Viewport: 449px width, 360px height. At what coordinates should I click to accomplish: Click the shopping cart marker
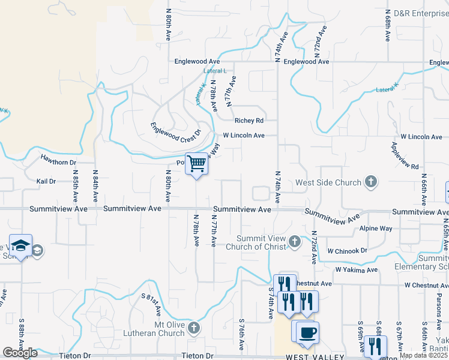click(x=197, y=164)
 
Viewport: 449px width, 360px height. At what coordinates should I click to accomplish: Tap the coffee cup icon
click(x=307, y=332)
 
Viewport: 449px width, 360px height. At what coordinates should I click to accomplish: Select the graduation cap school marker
click(x=20, y=245)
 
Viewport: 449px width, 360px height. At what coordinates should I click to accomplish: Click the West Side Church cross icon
click(x=371, y=182)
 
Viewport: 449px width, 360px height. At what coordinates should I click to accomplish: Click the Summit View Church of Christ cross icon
click(x=294, y=242)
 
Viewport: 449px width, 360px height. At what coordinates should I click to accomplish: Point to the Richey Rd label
click(x=249, y=120)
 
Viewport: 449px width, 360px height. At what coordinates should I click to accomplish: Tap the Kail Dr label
click(x=46, y=181)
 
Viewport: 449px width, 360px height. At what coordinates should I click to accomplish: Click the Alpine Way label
click(x=375, y=229)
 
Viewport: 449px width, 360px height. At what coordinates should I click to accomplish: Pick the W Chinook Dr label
click(x=347, y=251)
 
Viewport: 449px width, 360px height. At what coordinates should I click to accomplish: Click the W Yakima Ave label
click(x=356, y=270)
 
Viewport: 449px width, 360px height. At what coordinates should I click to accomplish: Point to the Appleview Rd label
click(x=404, y=156)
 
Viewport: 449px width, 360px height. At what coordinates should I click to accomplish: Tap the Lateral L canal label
click(x=215, y=71)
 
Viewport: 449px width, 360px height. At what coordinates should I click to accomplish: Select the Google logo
click(x=20, y=353)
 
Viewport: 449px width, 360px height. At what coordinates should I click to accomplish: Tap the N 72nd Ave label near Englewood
click(x=320, y=39)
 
